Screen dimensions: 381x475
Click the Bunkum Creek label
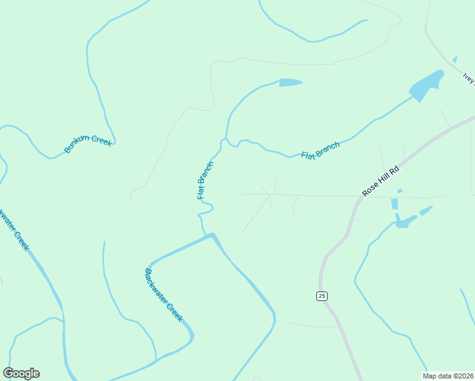coord(88,144)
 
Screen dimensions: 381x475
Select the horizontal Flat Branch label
coord(320,150)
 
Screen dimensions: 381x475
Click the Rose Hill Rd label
coord(380,180)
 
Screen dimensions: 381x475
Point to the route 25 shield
coord(322,296)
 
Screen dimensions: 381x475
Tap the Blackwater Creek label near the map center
coord(163,295)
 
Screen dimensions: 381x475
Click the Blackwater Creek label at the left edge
coord(14,230)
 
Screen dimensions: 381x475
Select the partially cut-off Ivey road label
coord(469,78)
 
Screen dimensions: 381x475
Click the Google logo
coord(21,373)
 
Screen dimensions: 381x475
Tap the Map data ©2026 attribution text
coord(448,376)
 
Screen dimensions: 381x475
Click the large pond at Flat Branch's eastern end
coord(426,86)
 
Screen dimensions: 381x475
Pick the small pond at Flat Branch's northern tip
coord(290,83)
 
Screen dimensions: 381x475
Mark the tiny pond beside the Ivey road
coord(455,60)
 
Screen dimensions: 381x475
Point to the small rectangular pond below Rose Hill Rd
coord(394,204)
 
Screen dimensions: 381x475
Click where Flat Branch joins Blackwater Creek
coord(207,236)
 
